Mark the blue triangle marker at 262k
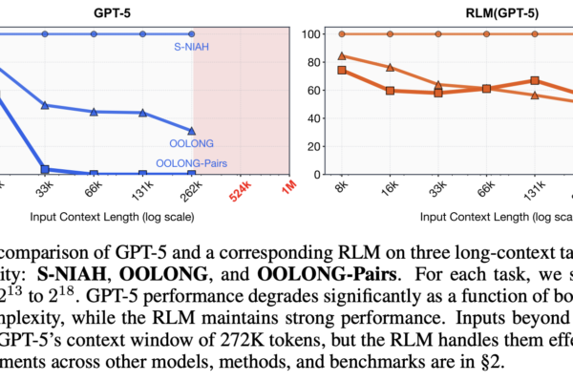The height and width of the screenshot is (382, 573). pos(193,131)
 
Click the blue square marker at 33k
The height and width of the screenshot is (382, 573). pos(45,169)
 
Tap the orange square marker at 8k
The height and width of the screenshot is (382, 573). pos(342,71)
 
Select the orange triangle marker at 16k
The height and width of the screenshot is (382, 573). pos(390,68)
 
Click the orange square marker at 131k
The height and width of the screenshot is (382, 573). pos(535,81)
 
